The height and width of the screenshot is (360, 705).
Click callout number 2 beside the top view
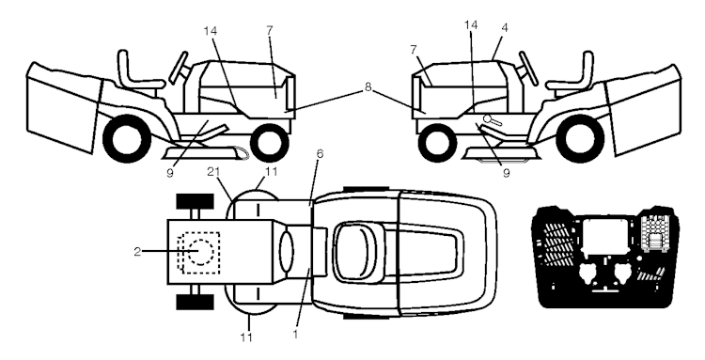[x=137, y=252]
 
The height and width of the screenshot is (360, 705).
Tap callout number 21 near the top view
[x=213, y=171]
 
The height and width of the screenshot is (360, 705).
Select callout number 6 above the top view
[x=320, y=154]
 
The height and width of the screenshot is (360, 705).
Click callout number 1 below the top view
[x=295, y=334]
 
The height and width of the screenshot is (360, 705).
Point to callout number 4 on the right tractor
[x=505, y=28]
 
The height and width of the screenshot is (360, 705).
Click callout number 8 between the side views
[x=368, y=87]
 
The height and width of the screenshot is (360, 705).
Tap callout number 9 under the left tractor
[x=169, y=174]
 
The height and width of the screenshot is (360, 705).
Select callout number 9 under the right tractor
[x=506, y=174]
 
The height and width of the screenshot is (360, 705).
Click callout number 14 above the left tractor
[x=210, y=31]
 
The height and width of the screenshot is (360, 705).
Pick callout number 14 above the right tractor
[x=471, y=25]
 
